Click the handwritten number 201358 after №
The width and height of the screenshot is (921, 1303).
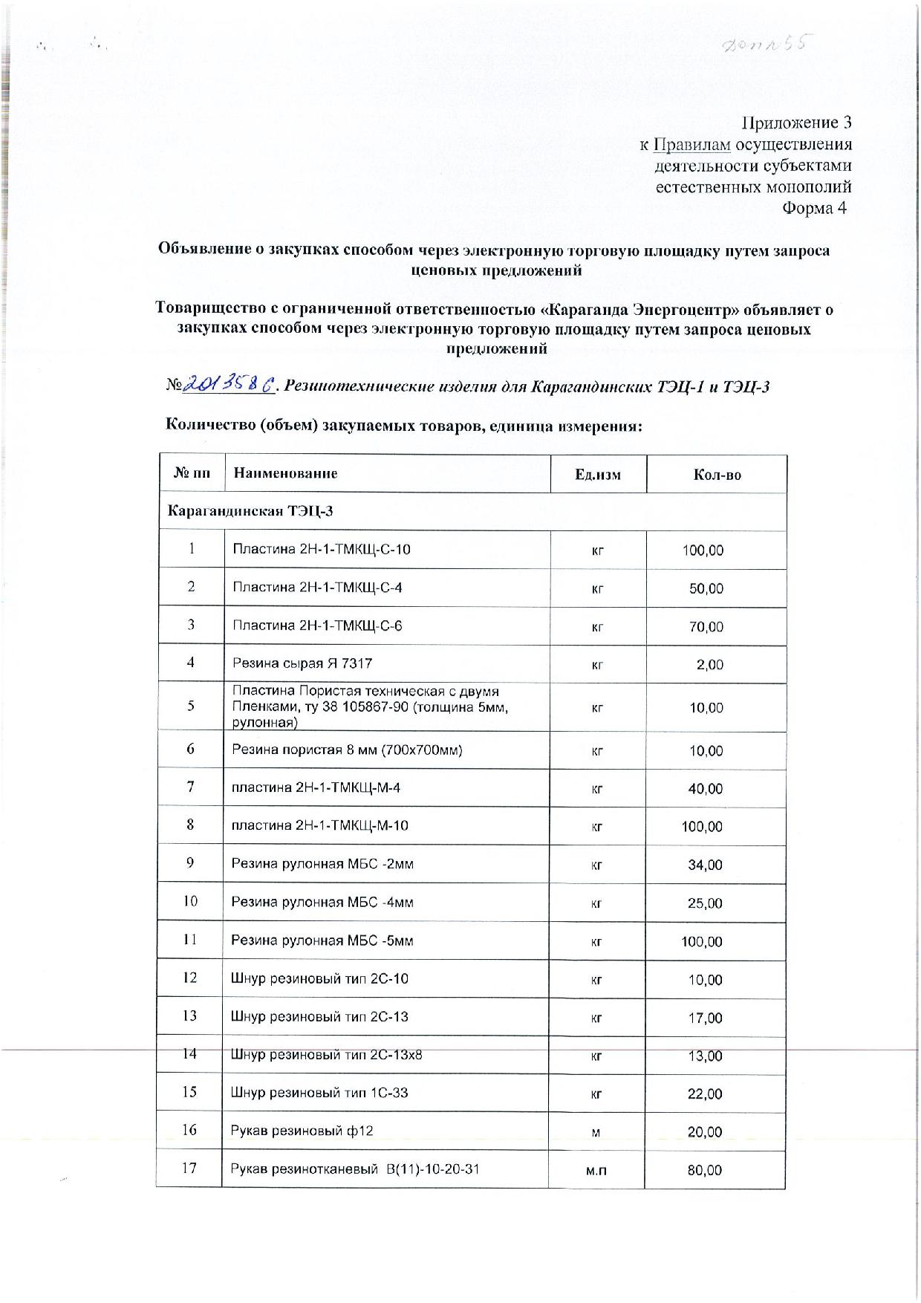[230, 384]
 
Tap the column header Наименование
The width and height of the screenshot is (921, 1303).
[285, 473]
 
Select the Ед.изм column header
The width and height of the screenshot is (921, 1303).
[597, 475]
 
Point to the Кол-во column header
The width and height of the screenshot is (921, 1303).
[717, 475]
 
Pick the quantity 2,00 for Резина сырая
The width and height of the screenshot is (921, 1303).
[709, 665]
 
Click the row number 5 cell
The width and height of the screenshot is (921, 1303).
[191, 706]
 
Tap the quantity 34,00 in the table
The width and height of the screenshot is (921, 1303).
[705, 865]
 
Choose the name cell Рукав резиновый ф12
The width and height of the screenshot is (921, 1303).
[302, 1131]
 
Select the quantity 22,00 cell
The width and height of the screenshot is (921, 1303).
[705, 1094]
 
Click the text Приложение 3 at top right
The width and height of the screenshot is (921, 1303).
[796, 123]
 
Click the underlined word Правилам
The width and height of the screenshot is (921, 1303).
[689, 144]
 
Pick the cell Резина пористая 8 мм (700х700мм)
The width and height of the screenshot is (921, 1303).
[347, 750]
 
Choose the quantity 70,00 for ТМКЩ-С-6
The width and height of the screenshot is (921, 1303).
[706, 627]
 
